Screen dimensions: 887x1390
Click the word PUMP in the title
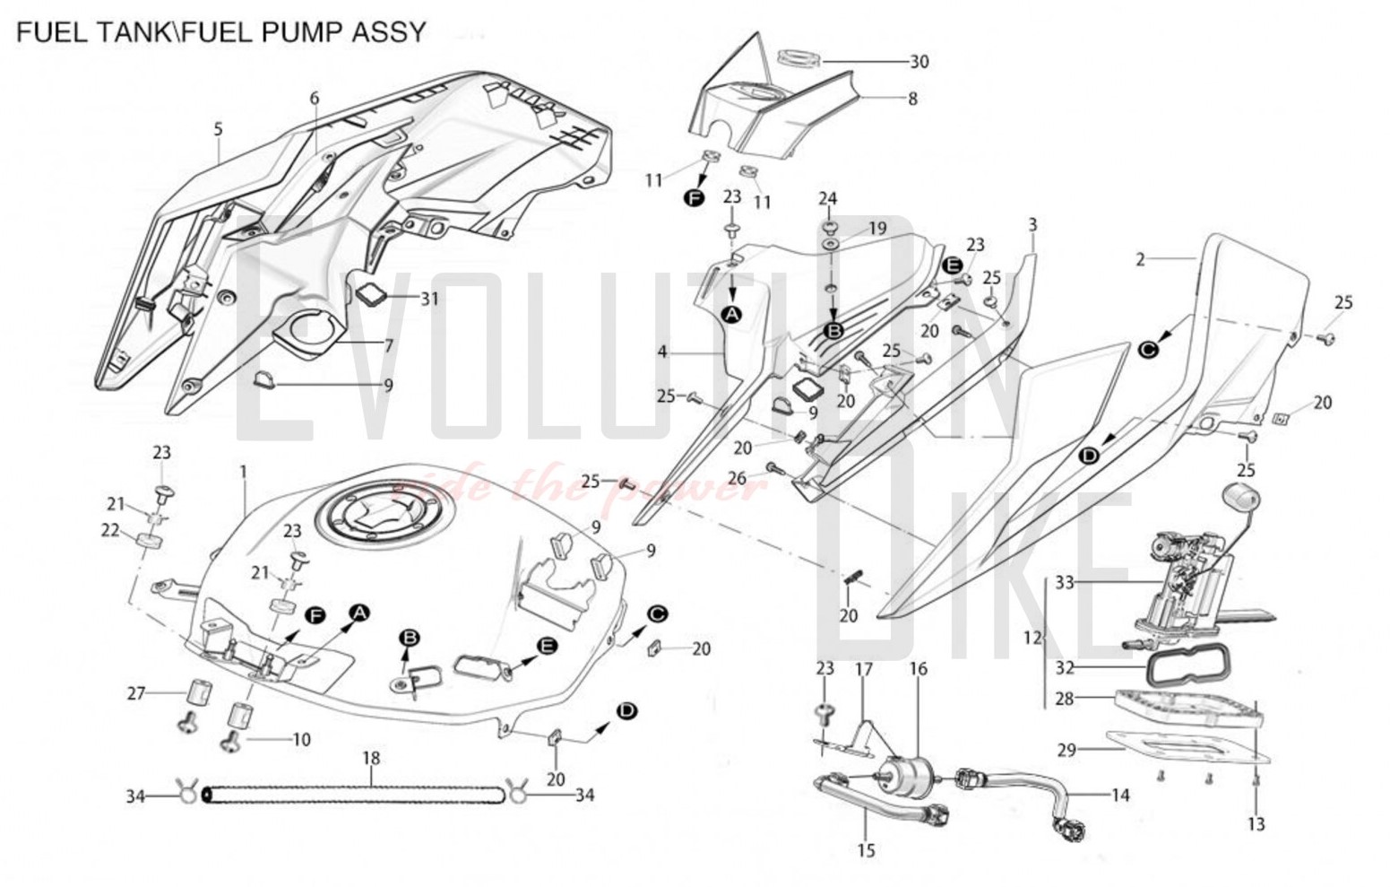tap(301, 32)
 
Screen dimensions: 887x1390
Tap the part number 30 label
tap(919, 62)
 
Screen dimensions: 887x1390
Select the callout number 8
tap(913, 99)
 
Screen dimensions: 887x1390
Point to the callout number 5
tap(218, 130)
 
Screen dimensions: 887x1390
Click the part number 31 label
tap(430, 299)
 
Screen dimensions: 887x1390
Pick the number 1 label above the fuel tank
tap(243, 471)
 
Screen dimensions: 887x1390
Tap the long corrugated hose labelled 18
tap(352, 795)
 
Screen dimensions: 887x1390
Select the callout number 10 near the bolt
tap(301, 740)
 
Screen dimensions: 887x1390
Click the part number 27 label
tap(136, 693)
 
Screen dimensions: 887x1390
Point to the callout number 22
tap(110, 531)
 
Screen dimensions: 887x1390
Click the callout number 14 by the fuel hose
tap(1120, 795)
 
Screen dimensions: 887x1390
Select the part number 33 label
tap(1064, 583)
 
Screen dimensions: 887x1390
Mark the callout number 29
tap(1066, 750)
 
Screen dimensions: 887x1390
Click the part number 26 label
tap(737, 479)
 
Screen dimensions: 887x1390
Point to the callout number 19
tap(876, 229)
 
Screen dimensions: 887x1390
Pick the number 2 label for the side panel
tap(1140, 260)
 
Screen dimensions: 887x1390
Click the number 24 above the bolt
tap(827, 198)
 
